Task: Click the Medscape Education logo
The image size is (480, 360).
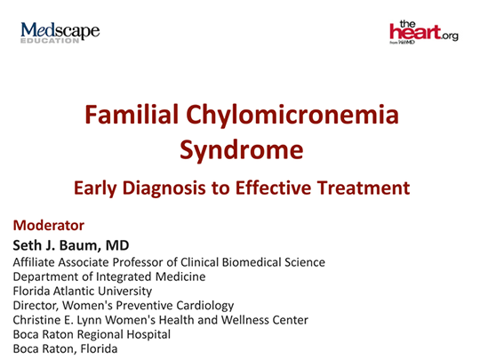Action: pyautogui.click(x=60, y=33)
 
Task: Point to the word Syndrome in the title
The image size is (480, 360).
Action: pyautogui.click(x=240, y=148)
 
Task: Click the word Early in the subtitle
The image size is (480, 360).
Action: pyautogui.click(x=97, y=188)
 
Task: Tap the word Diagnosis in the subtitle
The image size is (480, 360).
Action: pyautogui.click(x=172, y=188)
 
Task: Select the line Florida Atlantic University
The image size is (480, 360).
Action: pyautogui.click(x=82, y=291)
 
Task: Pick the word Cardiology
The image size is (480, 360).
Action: pyautogui.click(x=203, y=305)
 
